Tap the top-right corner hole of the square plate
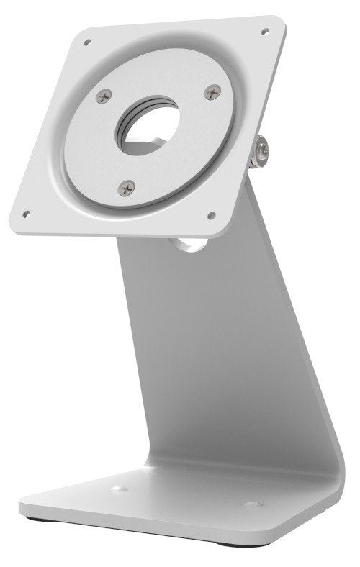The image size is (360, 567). (x=265, y=31)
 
